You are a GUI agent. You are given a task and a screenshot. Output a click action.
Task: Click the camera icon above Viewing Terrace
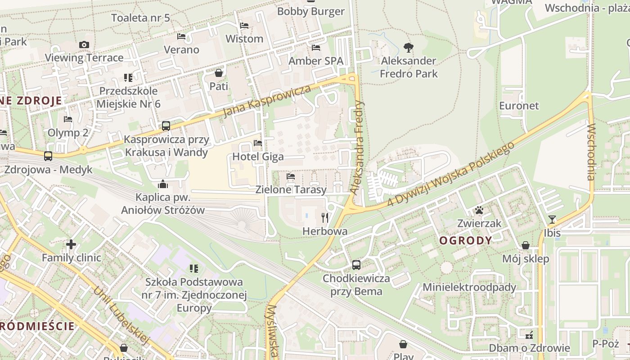tap(84, 45)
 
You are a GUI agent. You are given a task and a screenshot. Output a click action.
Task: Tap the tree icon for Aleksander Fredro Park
tap(408, 47)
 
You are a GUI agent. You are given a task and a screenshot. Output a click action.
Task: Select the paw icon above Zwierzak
tap(479, 210)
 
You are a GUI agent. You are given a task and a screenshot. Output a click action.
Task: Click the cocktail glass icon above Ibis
tap(552, 220)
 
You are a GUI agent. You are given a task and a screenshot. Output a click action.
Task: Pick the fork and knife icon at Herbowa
tap(325, 218)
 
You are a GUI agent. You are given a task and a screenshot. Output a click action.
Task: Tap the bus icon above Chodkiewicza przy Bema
tap(356, 265)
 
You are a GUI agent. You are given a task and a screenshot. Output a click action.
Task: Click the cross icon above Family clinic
tap(71, 244)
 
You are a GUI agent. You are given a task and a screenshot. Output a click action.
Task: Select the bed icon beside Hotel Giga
tap(258, 143)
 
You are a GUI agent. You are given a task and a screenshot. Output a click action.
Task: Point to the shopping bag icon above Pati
tap(219, 73)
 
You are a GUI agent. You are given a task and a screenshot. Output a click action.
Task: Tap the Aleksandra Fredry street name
tap(358, 147)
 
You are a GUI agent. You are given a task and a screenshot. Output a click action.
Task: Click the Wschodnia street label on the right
tap(591, 152)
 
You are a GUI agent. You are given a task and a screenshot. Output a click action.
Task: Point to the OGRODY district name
tap(465, 240)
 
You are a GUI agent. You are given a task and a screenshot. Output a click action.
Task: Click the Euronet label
tap(519, 105)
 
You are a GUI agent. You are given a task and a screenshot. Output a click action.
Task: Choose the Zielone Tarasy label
tap(291, 189)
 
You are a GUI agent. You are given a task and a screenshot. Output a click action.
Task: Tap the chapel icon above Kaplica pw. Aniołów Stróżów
tap(163, 184)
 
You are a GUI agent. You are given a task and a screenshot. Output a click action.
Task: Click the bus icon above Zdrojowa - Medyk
tap(48, 156)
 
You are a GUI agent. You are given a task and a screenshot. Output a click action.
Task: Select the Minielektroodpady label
tap(469, 287)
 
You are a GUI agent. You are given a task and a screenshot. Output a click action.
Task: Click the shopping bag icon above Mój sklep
tap(525, 245)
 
